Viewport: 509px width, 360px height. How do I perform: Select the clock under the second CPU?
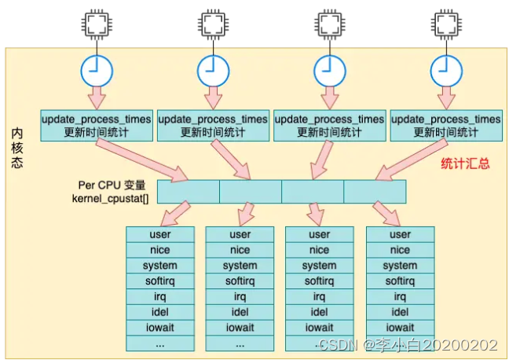pos(211,70)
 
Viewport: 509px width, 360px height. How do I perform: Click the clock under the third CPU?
pos(328,70)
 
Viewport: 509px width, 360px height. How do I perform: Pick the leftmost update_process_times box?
pos(96,126)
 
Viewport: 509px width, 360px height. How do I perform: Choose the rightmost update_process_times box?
pos(445,126)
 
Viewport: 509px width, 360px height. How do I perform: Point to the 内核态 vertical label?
pos(18,149)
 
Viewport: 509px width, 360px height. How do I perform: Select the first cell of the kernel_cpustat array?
pos(189,192)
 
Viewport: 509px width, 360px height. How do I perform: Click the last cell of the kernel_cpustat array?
pos(375,192)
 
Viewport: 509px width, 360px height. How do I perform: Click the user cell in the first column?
pos(159,234)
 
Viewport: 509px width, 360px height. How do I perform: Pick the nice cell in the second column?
pos(240,250)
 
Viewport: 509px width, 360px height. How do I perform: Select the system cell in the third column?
pos(319,266)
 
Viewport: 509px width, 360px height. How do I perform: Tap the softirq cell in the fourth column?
pos(400,281)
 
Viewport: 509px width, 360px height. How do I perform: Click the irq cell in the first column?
pos(159,296)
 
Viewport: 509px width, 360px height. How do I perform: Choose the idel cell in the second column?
pos(240,312)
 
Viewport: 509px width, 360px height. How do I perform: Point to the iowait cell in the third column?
pos(319,327)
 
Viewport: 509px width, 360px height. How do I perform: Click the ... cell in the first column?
pos(159,343)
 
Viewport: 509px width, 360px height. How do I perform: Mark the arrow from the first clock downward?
pos(96,97)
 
